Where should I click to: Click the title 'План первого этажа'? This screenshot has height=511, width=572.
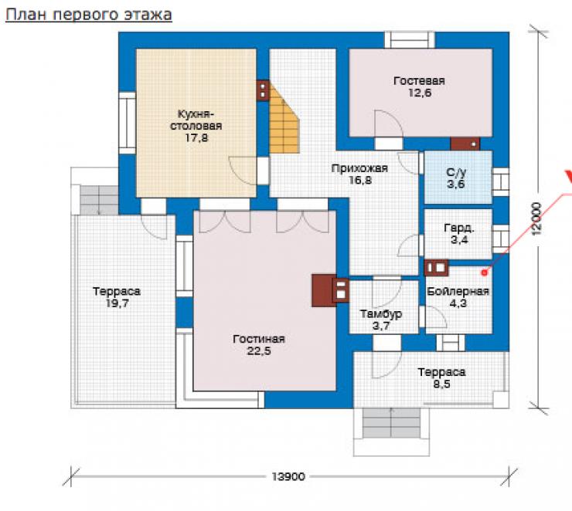[x=89, y=15]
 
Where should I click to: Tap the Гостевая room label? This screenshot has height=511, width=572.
[x=419, y=81]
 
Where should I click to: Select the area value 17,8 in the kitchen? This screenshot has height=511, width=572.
[x=196, y=138]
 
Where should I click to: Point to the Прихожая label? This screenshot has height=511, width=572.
[x=359, y=168]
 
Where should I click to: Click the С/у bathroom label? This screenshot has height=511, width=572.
[x=456, y=172]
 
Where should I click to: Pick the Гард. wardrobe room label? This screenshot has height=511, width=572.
[x=459, y=228]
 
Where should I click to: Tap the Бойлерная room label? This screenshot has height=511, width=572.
[x=458, y=291]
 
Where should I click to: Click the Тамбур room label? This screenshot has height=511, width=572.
[x=381, y=314]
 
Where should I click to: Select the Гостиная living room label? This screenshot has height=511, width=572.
[x=259, y=339]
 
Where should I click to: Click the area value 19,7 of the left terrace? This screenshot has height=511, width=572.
[x=117, y=303]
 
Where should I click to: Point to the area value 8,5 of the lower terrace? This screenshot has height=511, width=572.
[x=442, y=384]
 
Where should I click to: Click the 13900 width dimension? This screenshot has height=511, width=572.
[x=288, y=476]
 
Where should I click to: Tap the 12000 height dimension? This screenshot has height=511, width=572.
[x=536, y=218]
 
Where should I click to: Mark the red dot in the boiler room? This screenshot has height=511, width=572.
[x=484, y=272]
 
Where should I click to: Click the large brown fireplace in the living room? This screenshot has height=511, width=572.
[x=323, y=290]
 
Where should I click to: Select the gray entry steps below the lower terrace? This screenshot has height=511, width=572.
[x=391, y=423]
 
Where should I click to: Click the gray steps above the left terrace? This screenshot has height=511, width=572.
[x=99, y=200]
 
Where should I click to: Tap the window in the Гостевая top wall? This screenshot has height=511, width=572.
[x=410, y=39]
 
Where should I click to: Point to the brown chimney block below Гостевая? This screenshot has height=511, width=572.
[x=465, y=144]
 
